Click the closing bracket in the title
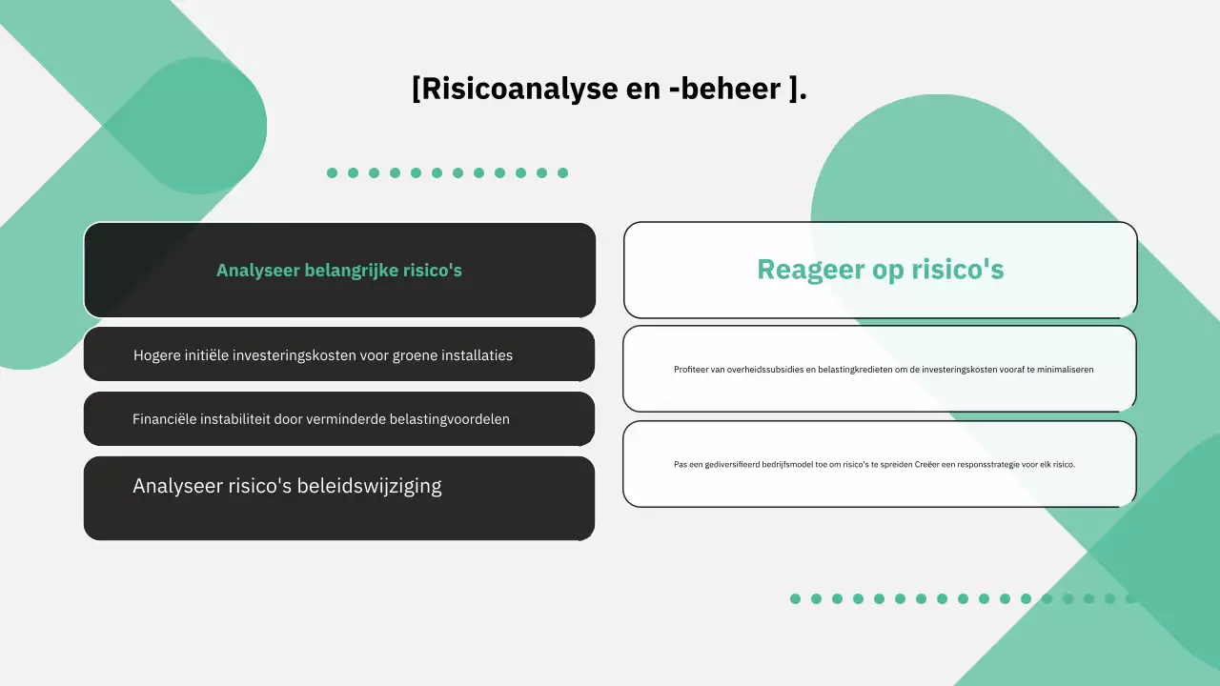[x=794, y=89]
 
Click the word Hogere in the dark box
[x=158, y=355]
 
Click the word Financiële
[x=167, y=419]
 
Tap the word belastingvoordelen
[x=449, y=419]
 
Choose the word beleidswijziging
[x=370, y=486]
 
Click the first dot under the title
[x=332, y=172]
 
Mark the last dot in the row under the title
[x=562, y=172]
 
